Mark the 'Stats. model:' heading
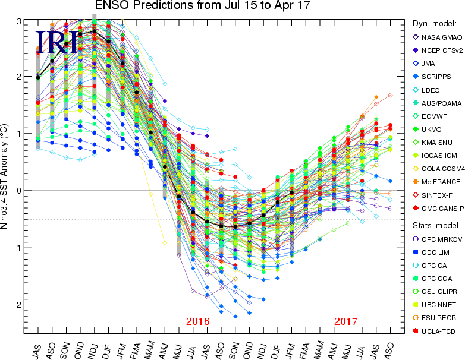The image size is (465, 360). pos(433,226)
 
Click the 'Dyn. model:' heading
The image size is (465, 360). pos(434,24)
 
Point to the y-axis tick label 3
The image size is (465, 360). pos(19,21)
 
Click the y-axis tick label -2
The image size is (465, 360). pos(17,305)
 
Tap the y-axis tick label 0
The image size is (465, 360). pos(19,191)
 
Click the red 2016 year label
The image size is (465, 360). pos(198,321)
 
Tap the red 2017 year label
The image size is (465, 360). pos(345,321)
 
